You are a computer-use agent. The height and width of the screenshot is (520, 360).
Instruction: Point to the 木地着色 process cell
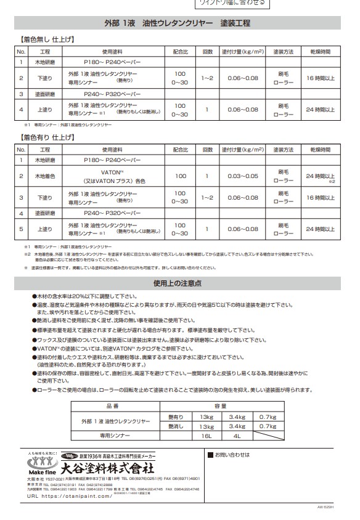pos(45,176)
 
